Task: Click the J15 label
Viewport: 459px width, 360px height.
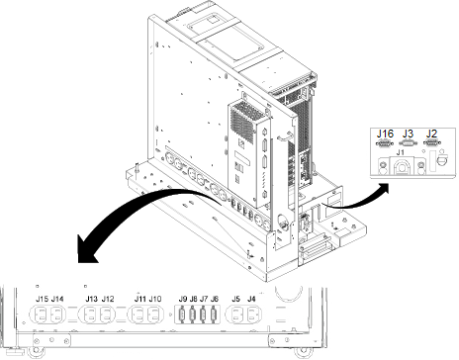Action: [42, 299]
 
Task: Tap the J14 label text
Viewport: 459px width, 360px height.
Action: [57, 299]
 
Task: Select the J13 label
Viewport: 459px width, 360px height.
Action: [91, 299]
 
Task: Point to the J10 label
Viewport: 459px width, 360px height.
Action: [155, 299]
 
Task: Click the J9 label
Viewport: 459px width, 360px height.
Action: [183, 299]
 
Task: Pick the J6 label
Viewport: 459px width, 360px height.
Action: [215, 299]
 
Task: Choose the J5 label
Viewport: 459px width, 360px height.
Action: [235, 299]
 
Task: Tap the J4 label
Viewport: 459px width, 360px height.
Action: [251, 299]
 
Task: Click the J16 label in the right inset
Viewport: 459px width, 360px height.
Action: [385, 134]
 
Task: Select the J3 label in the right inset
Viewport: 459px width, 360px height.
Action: [408, 134]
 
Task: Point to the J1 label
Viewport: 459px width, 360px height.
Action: [400, 152]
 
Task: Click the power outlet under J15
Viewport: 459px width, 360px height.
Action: [41, 315]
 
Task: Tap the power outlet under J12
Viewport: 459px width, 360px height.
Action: [106, 315]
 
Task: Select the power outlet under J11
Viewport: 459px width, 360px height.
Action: [138, 315]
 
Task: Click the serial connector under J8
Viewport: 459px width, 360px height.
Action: [193, 315]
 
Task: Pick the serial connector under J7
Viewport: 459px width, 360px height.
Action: [203, 315]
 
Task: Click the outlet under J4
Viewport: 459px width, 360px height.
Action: [252, 315]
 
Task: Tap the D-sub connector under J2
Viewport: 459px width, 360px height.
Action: [432, 143]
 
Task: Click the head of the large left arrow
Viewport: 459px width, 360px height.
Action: [86, 249]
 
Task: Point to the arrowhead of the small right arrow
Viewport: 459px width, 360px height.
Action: [383, 188]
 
